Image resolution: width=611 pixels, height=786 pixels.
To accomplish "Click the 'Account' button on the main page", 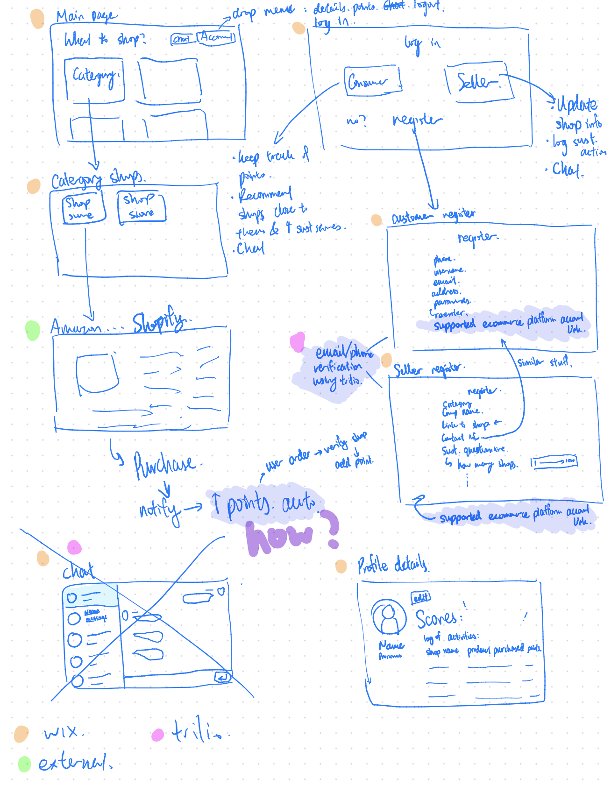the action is [x=216, y=37].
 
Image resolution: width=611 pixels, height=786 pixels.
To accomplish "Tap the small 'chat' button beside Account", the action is [x=182, y=39].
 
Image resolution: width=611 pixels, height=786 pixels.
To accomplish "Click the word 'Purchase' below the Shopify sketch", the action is [x=165, y=464].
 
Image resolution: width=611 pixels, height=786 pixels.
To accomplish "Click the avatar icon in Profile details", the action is [x=389, y=616].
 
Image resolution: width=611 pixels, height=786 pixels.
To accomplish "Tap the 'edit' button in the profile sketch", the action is [x=420, y=597].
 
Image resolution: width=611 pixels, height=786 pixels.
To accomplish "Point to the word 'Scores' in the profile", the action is [x=437, y=619].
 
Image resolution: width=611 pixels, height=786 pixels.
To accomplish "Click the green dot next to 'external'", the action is [x=24, y=764].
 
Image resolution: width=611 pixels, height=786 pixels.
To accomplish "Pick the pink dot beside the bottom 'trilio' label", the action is [x=158, y=735].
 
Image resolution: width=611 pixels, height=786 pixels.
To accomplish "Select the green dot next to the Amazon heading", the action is [x=33, y=330].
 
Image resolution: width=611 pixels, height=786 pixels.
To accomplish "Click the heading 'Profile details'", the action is [x=392, y=565].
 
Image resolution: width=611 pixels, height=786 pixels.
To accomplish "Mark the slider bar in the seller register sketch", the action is [x=554, y=462].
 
